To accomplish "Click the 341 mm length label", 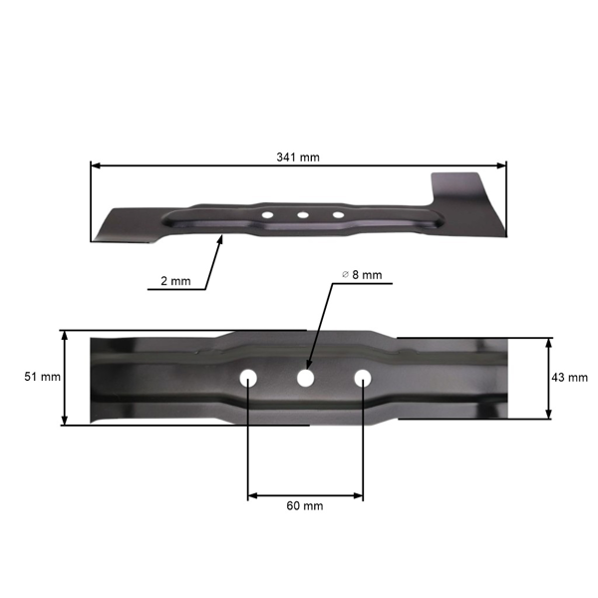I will [298, 157].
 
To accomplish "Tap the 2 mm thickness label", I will [174, 282].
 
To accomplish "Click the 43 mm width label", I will [569, 378].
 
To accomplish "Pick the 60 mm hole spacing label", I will [304, 506].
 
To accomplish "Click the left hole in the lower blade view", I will [247, 379].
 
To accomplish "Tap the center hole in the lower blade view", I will [305, 379].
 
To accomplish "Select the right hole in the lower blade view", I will [363, 379].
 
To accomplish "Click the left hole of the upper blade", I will [268, 213].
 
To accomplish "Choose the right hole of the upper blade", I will [338, 214].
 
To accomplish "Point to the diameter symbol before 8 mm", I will [344, 274].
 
